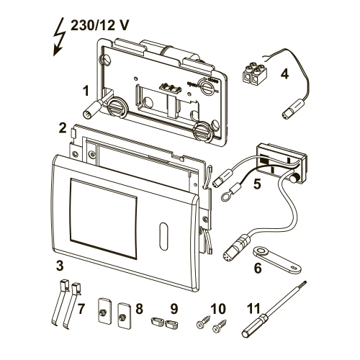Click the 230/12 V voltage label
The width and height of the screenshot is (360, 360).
(x=99, y=25)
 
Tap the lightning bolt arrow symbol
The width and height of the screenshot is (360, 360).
(x=59, y=37)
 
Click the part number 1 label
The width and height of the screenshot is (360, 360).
(x=86, y=91)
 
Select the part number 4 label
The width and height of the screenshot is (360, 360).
(x=284, y=74)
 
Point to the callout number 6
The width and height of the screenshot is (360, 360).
(x=257, y=268)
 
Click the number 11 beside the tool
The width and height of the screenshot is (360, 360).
(x=254, y=308)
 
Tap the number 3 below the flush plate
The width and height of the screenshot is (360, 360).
(x=60, y=266)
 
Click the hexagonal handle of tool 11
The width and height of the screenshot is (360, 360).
(x=253, y=325)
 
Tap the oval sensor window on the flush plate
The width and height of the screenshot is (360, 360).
(x=163, y=236)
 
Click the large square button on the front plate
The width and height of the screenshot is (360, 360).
(x=104, y=219)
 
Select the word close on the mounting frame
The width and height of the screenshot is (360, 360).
(x=212, y=81)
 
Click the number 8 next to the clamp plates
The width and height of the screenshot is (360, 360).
(x=140, y=308)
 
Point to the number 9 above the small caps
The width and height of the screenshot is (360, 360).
(x=174, y=308)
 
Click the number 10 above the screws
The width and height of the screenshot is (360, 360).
(x=218, y=308)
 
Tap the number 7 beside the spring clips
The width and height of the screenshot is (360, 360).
(x=81, y=308)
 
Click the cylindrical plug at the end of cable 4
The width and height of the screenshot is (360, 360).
(x=291, y=112)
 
